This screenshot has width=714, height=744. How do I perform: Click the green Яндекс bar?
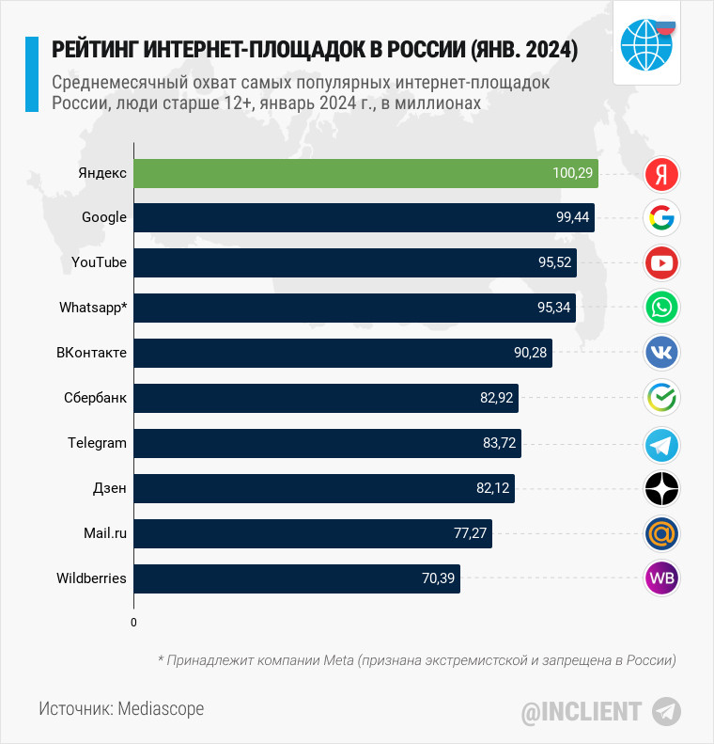366,173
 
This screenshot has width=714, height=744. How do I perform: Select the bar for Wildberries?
297,578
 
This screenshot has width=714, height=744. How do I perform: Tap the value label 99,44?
572,217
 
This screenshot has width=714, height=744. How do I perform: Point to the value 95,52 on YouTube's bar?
554,262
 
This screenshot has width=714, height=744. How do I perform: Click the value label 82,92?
496,398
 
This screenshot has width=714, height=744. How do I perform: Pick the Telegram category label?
97,443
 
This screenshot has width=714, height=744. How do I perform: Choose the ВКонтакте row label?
91,353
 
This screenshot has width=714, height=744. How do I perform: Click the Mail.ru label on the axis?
105,533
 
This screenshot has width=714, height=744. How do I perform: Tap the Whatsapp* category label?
93,308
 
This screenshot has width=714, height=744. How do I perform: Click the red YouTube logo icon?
662,263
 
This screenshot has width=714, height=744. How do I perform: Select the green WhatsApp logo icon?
662,308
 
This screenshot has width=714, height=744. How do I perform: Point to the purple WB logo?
662,578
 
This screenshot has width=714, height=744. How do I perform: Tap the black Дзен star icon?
662,488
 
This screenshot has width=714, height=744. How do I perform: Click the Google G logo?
662,218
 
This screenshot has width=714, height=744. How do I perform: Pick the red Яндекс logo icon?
662,173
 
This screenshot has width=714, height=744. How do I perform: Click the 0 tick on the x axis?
133,623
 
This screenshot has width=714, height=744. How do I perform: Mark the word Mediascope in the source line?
161,708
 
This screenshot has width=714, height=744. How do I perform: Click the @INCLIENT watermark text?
582,711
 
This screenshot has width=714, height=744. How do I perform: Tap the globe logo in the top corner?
646,43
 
